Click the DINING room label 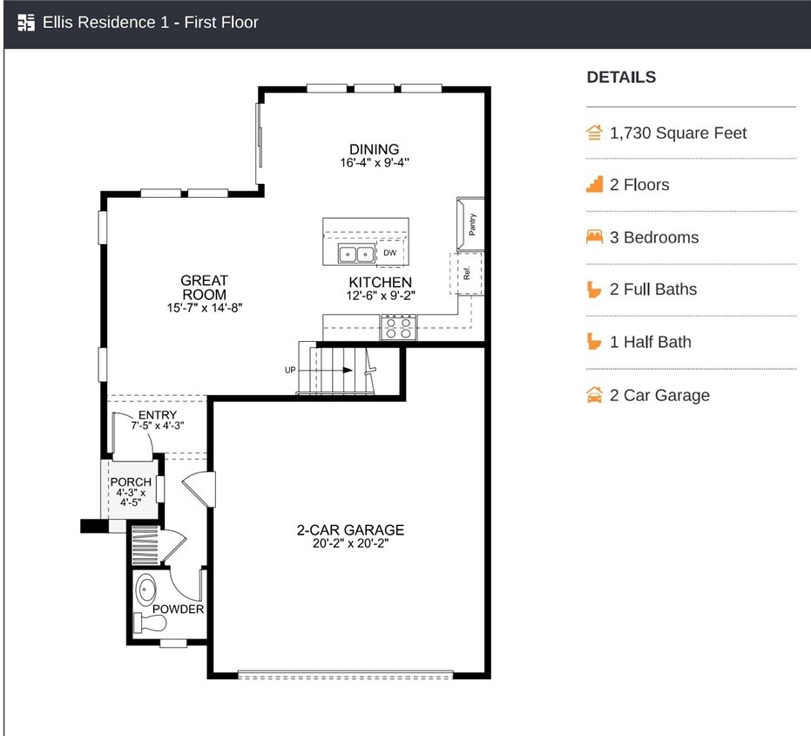(x=374, y=149)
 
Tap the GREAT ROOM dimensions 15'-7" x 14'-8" (x=205, y=308)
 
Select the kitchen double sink (x=356, y=254)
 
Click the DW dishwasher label (x=390, y=253)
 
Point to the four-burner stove (x=398, y=327)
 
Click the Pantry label (x=472, y=224)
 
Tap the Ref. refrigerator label (x=467, y=273)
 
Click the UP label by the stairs (x=290, y=370)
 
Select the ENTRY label (x=158, y=415)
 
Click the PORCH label (x=131, y=482)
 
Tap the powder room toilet (x=150, y=622)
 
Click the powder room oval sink (x=145, y=589)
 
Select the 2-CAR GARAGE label (x=351, y=530)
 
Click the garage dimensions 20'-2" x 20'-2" (x=351, y=543)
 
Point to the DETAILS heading (x=621, y=77)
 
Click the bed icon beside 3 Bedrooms (x=594, y=236)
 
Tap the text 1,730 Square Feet (x=678, y=133)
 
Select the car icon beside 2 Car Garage (x=594, y=395)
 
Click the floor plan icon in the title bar (x=26, y=23)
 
